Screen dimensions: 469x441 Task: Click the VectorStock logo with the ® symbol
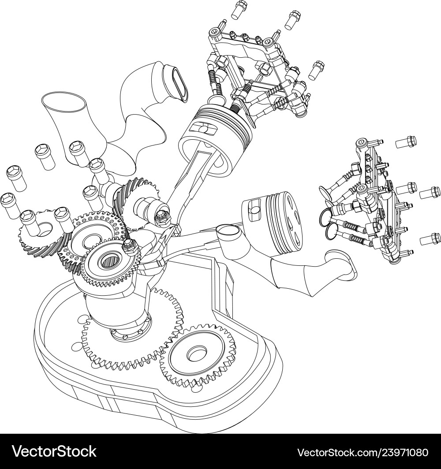click(55, 451)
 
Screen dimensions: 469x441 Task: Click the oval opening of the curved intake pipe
click(176, 82)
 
